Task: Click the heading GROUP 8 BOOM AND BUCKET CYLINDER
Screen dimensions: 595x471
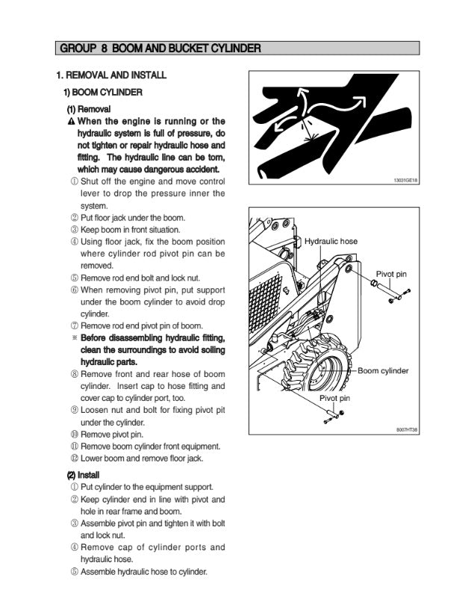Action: coord(160,49)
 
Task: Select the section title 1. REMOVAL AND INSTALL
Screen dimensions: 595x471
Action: coord(111,75)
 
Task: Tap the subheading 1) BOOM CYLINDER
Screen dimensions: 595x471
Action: coord(102,92)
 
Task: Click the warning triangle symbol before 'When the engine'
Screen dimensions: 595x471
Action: coord(72,122)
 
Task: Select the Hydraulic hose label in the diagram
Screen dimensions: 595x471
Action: coord(331,241)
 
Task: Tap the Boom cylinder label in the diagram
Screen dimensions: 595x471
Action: coord(383,371)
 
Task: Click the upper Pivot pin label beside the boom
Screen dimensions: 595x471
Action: coord(391,274)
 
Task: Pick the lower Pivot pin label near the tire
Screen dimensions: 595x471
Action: coord(335,398)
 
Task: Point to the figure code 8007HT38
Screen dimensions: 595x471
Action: coord(406,430)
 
